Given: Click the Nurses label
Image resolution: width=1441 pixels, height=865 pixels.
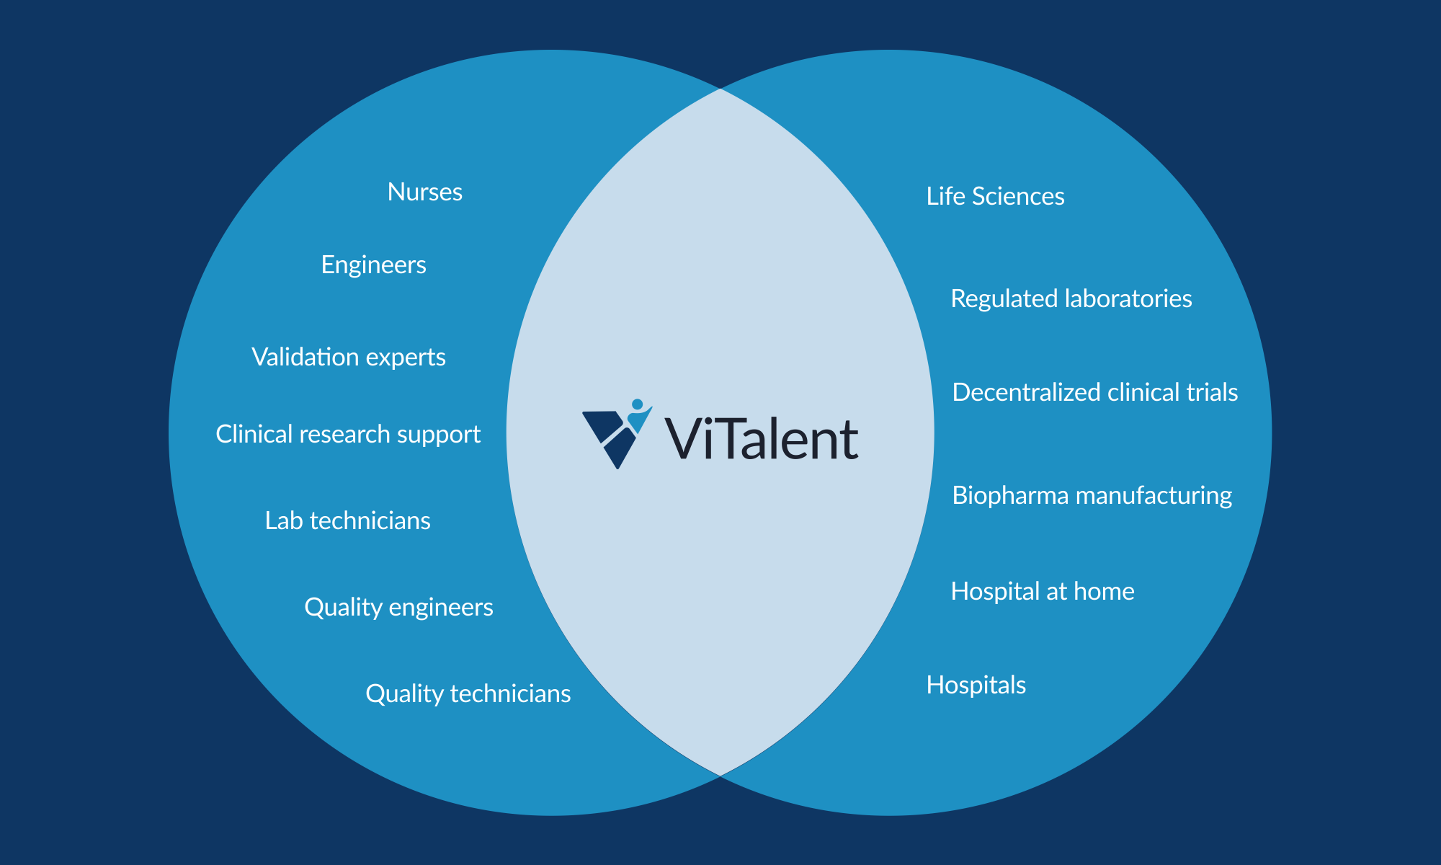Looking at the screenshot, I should point(424,192).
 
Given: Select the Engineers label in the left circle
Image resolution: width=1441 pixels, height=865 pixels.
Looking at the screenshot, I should point(373,265).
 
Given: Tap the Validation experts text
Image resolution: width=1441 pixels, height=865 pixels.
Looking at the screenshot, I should point(349,357).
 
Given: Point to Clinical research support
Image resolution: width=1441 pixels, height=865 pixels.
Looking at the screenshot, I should point(348,434).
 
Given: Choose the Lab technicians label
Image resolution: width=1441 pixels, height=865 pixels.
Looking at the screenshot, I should point(347,520).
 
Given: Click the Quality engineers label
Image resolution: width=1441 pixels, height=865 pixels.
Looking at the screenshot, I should point(398,607).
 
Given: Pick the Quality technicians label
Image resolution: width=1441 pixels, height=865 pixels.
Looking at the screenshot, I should point(468,693).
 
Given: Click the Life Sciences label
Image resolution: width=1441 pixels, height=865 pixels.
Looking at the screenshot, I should point(995,196).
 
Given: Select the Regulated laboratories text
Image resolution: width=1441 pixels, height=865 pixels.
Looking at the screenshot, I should point(1071,298).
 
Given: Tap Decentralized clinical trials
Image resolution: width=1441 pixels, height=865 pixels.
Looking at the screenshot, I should point(1094,392).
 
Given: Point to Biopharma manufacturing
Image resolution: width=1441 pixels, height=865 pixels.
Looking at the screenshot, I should point(1092,495).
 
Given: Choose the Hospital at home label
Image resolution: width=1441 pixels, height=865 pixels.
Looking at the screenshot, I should point(1042,591).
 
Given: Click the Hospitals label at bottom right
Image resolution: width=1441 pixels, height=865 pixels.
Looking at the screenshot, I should point(976,685).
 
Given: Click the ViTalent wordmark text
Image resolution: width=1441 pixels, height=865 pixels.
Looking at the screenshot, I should point(761,439).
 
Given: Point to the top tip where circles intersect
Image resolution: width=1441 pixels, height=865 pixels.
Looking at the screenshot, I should point(720,89).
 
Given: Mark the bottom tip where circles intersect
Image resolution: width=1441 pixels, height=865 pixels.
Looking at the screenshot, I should point(720,776).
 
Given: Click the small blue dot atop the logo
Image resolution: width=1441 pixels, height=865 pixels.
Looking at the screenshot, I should point(637,404).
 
